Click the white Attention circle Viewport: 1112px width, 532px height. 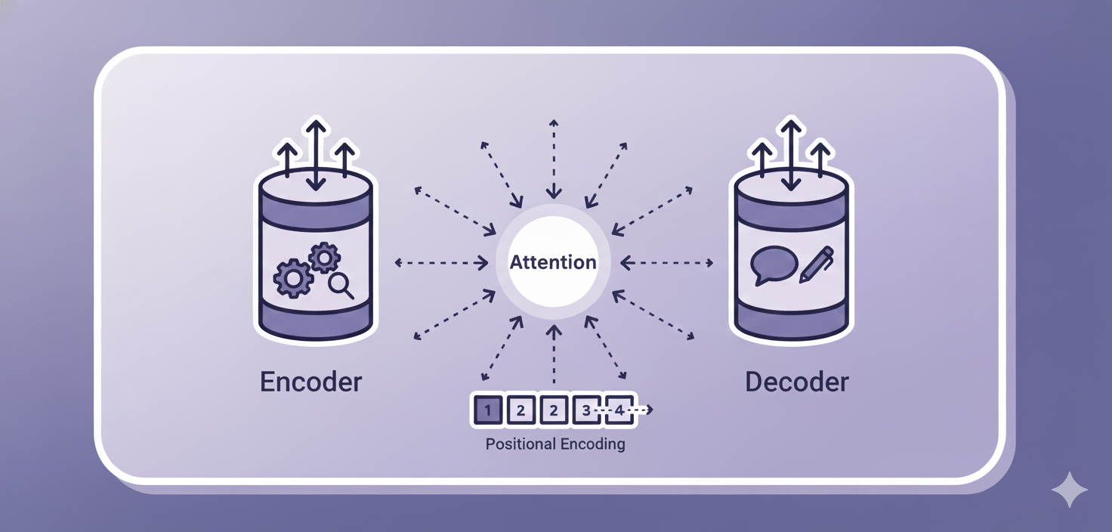pyautogui.click(x=554, y=262)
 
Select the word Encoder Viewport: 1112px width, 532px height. pyautogui.click(x=310, y=382)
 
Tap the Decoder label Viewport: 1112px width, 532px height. pyautogui.click(x=796, y=382)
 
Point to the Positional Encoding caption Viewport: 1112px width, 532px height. pyautogui.click(x=555, y=444)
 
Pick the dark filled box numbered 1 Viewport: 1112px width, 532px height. pyautogui.click(x=488, y=410)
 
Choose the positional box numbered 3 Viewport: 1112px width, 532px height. pyautogui.click(x=586, y=410)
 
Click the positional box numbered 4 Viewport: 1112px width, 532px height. pyautogui.click(x=619, y=410)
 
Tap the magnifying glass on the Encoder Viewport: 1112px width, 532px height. pyautogui.click(x=341, y=286)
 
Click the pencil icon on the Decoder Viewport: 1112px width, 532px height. pyautogui.click(x=816, y=264)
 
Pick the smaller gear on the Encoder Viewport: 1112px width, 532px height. pyautogui.click(x=324, y=258)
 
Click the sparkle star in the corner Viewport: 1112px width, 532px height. pyautogui.click(x=1070, y=490)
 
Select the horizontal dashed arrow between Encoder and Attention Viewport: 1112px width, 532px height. pyautogui.click(x=442, y=263)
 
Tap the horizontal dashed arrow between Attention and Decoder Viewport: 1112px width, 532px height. pyautogui.click(x=666, y=263)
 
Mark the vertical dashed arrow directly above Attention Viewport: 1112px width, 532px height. pyautogui.click(x=554, y=159)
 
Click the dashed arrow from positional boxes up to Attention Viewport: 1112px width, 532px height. pyautogui.click(x=554, y=355)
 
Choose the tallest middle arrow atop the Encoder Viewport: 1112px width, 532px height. pyautogui.click(x=316, y=154)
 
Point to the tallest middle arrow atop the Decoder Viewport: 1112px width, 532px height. pyautogui.click(x=790, y=154)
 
